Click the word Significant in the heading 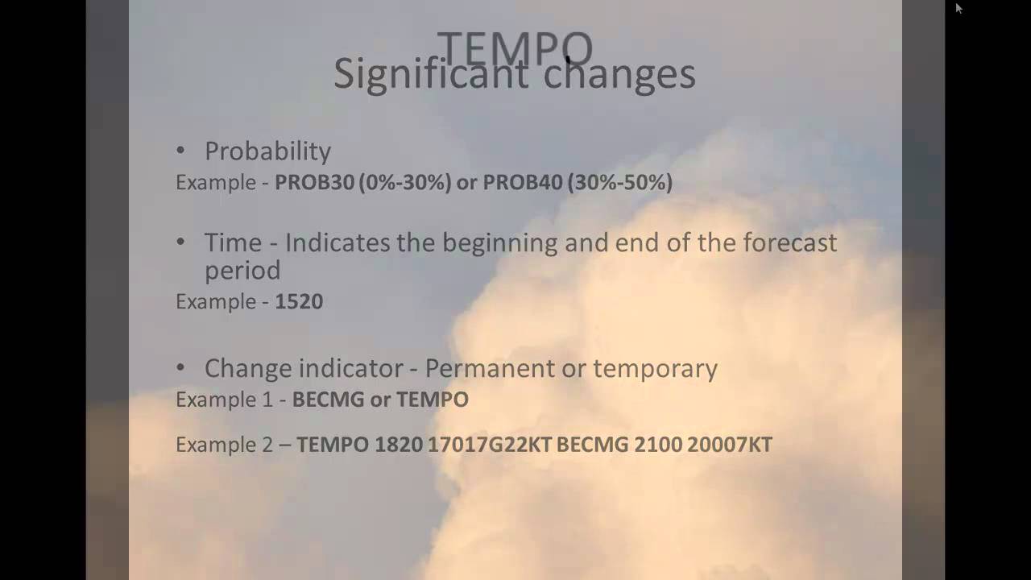[x=430, y=75]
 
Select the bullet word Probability [x=267, y=151]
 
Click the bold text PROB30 [x=314, y=183]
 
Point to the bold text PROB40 [x=522, y=183]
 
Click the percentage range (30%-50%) [x=619, y=183]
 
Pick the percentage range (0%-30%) [x=405, y=183]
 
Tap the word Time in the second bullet [x=233, y=242]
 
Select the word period [x=242, y=271]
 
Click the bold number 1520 [x=299, y=302]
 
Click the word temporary [x=655, y=369]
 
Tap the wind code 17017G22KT [x=489, y=445]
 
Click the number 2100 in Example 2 [x=657, y=445]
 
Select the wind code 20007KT [x=730, y=445]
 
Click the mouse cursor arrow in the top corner [x=959, y=8]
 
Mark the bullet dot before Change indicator [x=180, y=368]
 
